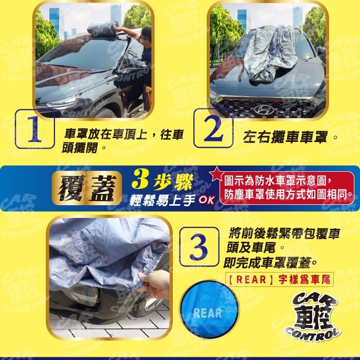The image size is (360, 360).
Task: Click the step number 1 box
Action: click(34, 129)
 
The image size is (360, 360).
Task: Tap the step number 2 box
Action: click(213, 128)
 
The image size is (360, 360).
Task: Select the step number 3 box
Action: click(199, 246)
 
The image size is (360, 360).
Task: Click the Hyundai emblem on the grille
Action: click(263, 109)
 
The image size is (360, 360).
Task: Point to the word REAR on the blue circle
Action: click(208, 313)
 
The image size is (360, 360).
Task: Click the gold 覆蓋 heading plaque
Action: click(87, 188)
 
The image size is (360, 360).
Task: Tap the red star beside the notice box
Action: click(217, 174)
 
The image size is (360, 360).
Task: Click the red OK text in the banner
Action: click(206, 200)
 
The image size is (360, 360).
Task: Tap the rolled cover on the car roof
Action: click(103, 28)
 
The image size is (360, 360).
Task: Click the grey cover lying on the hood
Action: click(271, 55)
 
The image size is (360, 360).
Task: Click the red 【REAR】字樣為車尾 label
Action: click(279, 280)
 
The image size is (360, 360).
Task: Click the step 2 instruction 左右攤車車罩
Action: click(285, 137)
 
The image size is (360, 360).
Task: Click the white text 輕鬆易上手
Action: click(163, 200)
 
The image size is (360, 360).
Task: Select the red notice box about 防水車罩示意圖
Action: click(286, 188)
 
